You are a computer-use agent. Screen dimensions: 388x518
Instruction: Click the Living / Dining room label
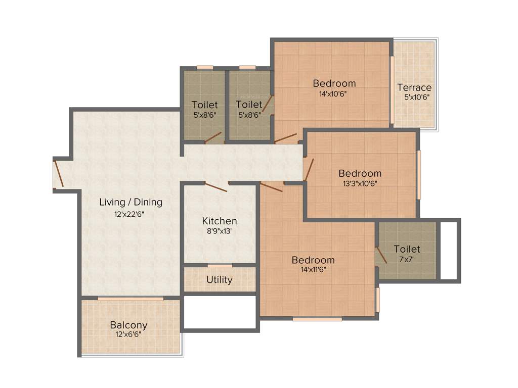pyautogui.click(x=131, y=202)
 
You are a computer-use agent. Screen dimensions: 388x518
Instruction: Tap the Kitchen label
pyautogui.click(x=220, y=221)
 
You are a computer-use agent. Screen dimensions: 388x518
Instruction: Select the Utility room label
pyautogui.click(x=220, y=279)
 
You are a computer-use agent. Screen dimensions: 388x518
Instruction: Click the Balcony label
pyautogui.click(x=128, y=325)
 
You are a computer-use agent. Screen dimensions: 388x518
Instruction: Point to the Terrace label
pyautogui.click(x=414, y=87)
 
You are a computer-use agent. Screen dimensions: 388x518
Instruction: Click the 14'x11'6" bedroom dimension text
pyautogui.click(x=313, y=269)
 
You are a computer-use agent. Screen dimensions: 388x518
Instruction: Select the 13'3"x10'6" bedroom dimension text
pyautogui.click(x=360, y=183)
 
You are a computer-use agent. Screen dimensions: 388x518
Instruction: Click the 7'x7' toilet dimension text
pyautogui.click(x=407, y=258)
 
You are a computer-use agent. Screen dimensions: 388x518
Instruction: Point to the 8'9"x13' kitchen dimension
pyautogui.click(x=220, y=231)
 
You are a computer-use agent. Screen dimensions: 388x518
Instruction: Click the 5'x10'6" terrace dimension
pyautogui.click(x=414, y=97)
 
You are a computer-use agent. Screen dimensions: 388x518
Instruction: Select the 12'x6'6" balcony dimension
pyautogui.click(x=128, y=334)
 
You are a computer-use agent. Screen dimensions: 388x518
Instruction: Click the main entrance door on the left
pyautogui.click(x=59, y=173)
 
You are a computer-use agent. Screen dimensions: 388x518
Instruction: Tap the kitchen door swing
pyautogui.click(x=217, y=187)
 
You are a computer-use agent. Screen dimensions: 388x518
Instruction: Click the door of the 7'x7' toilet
pyautogui.click(x=380, y=255)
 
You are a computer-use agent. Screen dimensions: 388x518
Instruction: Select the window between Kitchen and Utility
pyautogui.click(x=220, y=266)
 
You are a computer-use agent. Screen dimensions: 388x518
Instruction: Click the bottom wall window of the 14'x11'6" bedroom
pyautogui.click(x=317, y=319)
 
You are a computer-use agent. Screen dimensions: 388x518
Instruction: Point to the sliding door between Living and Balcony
pyautogui.click(x=131, y=299)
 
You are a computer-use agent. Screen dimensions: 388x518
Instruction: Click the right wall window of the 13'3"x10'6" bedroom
pyautogui.click(x=419, y=175)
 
